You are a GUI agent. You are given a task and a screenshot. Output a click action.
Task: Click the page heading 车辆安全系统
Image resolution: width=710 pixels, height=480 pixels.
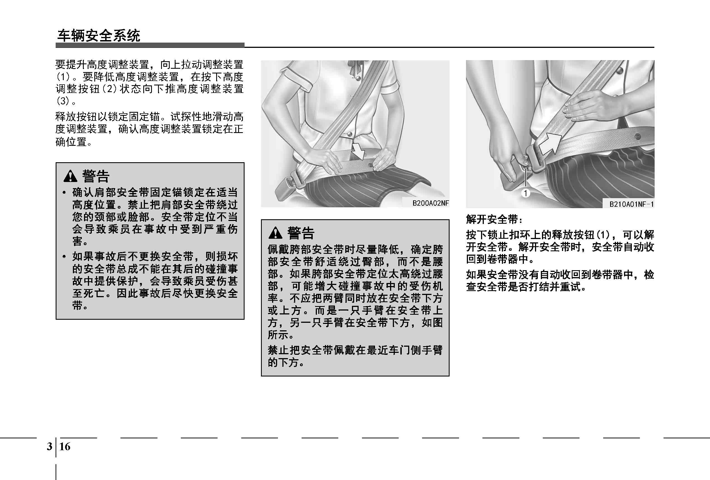click(99, 36)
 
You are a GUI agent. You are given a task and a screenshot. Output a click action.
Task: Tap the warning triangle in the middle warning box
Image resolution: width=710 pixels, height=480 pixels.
click(275, 233)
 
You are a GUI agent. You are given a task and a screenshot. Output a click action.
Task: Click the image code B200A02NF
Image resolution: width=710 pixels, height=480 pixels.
click(430, 203)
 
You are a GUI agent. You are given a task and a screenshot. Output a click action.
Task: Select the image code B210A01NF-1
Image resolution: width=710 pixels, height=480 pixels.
click(632, 204)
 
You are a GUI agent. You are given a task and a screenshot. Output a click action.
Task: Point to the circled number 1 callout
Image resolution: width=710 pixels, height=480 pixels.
click(526, 193)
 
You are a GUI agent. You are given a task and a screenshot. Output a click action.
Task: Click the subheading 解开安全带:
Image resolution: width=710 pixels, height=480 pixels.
click(494, 219)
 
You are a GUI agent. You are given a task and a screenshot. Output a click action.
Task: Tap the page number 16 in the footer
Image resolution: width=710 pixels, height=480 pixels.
click(65, 446)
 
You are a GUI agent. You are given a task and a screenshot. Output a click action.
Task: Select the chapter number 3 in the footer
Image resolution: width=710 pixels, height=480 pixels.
click(50, 446)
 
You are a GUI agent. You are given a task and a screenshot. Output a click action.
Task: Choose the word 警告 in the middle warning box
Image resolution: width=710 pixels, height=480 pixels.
click(301, 233)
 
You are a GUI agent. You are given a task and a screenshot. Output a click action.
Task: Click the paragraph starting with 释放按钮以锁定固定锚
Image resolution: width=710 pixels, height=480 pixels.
click(149, 129)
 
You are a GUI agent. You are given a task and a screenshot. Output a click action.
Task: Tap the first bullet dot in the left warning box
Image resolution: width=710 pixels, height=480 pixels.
click(64, 193)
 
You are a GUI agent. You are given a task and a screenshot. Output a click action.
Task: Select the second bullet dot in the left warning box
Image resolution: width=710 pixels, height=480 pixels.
click(64, 256)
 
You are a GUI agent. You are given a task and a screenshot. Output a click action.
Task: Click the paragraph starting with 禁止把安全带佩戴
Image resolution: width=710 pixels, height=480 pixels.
click(355, 356)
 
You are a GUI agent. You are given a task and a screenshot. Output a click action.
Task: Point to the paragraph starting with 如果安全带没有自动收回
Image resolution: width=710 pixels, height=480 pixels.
click(560, 281)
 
